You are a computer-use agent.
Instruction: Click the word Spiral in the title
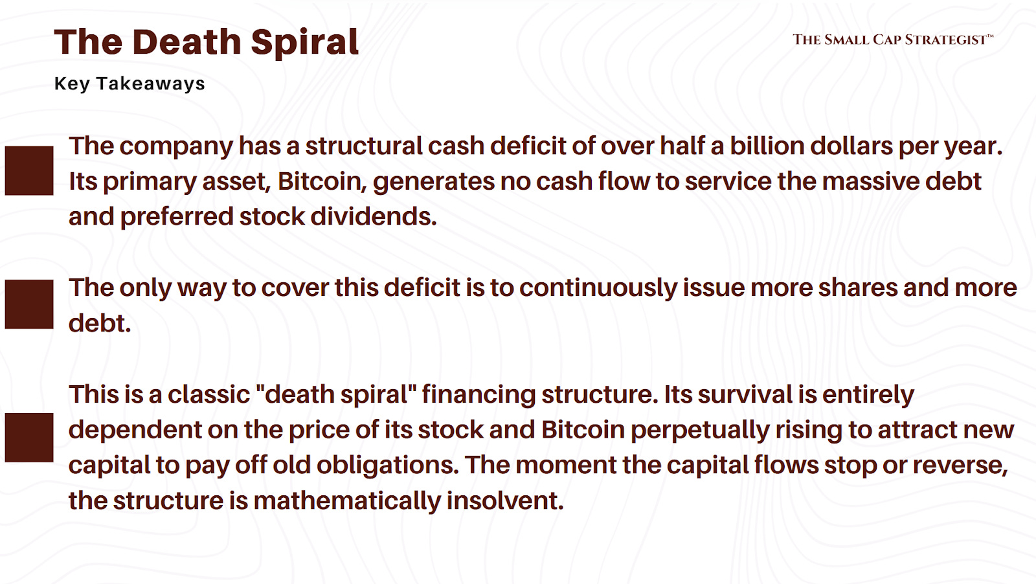pyautogui.click(x=304, y=43)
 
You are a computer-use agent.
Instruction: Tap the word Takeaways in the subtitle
pyautogui.click(x=150, y=84)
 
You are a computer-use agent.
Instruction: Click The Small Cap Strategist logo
pyautogui.click(x=892, y=39)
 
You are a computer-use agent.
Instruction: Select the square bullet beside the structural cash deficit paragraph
pyautogui.click(x=29, y=171)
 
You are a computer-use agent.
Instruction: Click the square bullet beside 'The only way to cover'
pyautogui.click(x=29, y=304)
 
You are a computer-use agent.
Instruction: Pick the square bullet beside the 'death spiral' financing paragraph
pyautogui.click(x=29, y=438)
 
